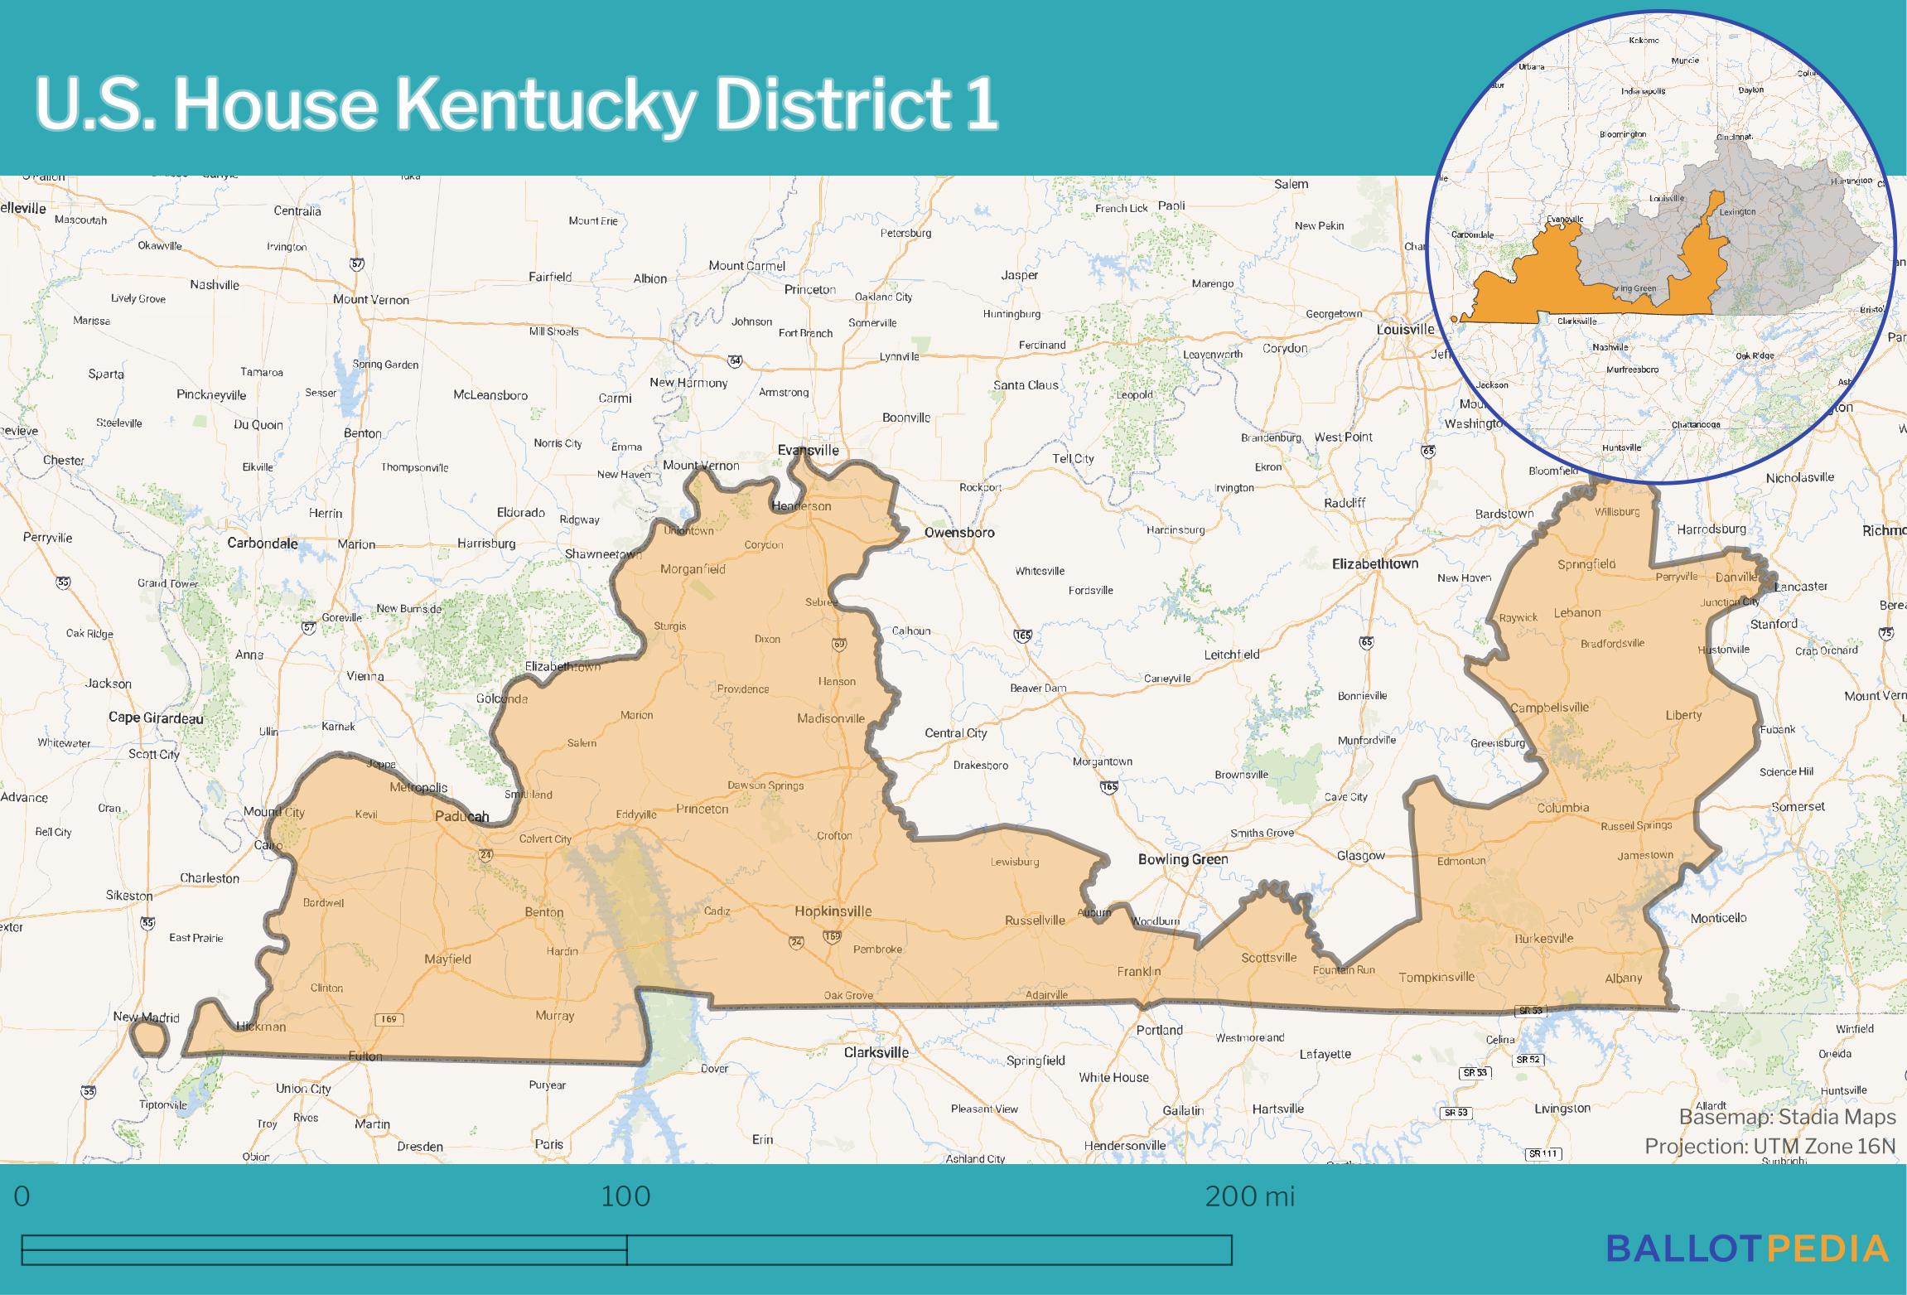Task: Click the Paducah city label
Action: pos(462,816)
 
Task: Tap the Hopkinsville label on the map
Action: pos(833,911)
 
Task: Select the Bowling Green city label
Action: pos(1182,859)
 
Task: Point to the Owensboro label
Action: pos(958,533)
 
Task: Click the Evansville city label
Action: pos(808,451)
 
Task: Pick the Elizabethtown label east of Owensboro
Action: pos(1374,564)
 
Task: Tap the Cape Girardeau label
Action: pos(156,718)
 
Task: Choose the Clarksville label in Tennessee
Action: pos(876,1053)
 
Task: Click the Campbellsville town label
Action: pos(1549,708)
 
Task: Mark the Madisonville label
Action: pos(830,719)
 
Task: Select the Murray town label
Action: pos(554,1016)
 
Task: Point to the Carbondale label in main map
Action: pos(263,544)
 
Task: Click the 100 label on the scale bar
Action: pos(625,1196)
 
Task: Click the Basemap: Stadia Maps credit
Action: pos(1787,1118)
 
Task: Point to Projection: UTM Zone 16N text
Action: pos(1769,1147)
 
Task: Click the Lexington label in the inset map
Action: pos(1736,212)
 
